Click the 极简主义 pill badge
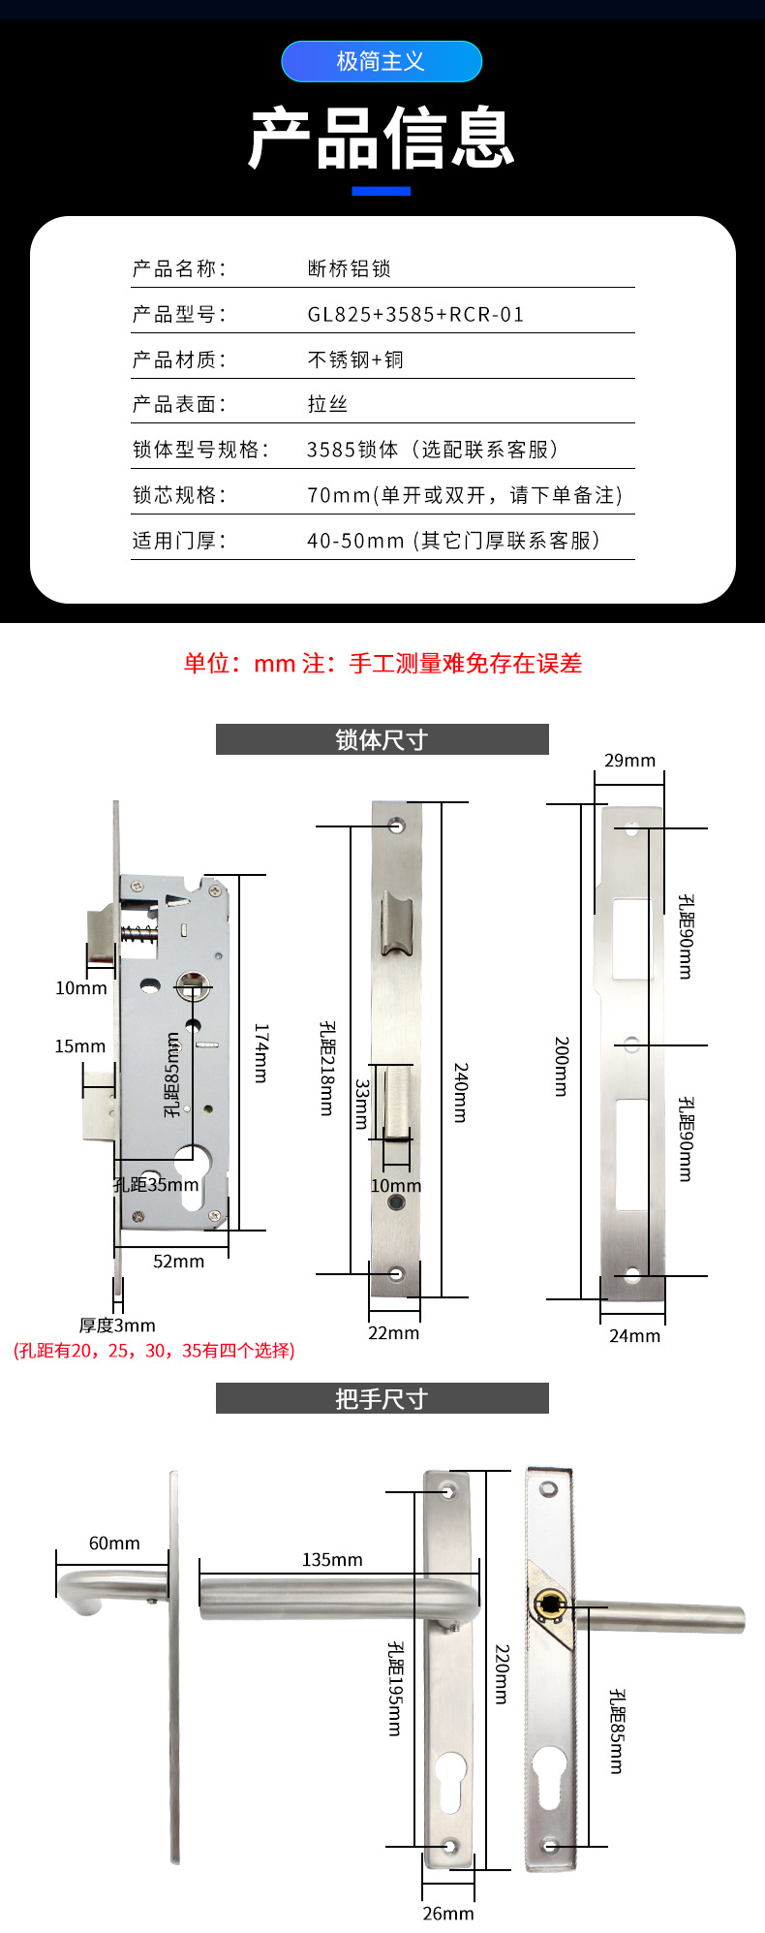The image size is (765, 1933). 382,61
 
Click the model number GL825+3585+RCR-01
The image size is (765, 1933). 415,314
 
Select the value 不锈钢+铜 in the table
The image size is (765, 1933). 355,359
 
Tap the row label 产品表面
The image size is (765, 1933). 178,404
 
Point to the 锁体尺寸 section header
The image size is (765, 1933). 382,739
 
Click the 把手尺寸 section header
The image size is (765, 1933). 382,1398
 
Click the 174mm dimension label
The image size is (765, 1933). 261,1052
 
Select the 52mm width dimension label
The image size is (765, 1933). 179,1261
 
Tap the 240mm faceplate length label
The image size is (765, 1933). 461,1093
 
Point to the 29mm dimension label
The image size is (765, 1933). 629,761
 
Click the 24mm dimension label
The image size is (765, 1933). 634,1335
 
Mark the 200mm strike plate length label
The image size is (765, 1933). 562,1066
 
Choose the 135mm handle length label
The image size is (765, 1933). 332,1559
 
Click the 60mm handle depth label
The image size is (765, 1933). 114,1543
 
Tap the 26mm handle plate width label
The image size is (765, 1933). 448,1913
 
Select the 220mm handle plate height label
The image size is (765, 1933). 502,1673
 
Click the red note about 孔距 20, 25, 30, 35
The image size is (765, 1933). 154,1350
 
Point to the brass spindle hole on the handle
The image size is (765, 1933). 550,1605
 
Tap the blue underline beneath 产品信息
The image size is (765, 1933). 382,191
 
